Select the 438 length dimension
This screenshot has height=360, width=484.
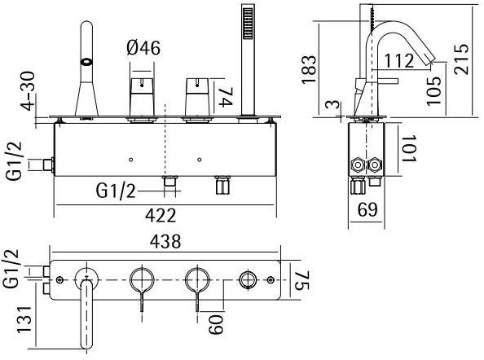(165, 242)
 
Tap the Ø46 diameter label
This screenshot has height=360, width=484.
(143, 48)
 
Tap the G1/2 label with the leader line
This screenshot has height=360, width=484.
(117, 191)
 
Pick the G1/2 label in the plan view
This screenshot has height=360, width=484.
(12, 269)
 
